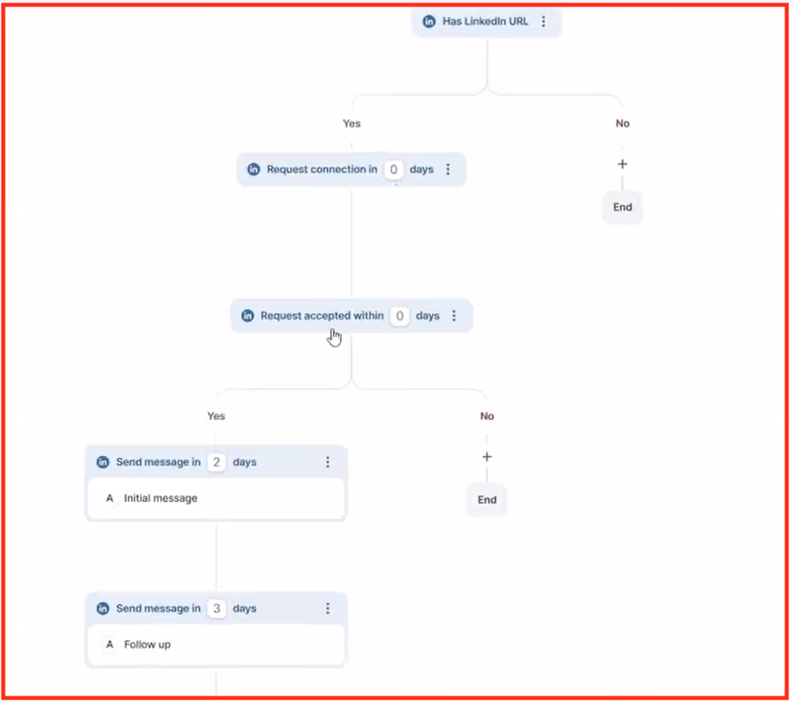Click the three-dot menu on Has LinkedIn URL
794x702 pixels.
(544, 22)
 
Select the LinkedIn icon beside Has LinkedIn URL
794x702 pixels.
(430, 22)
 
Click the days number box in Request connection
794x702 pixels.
(393, 170)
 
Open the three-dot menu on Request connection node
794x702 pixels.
(448, 170)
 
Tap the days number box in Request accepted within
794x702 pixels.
(399, 316)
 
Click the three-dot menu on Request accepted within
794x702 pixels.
(454, 316)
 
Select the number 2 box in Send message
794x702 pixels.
(216, 462)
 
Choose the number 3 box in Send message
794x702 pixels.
(216, 609)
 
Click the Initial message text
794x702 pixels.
(161, 499)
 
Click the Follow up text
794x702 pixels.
(147, 645)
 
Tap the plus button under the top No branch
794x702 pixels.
(622, 164)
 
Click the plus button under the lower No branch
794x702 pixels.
(487, 457)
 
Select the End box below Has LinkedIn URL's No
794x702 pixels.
(623, 207)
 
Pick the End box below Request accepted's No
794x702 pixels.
(488, 500)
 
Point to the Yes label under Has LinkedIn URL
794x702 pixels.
(352, 124)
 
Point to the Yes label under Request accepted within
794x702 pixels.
(216, 417)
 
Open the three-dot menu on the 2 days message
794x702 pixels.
(327, 462)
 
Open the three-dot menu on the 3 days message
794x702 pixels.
(327, 609)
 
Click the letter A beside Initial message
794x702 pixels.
(110, 499)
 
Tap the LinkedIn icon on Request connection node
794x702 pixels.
(253, 170)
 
